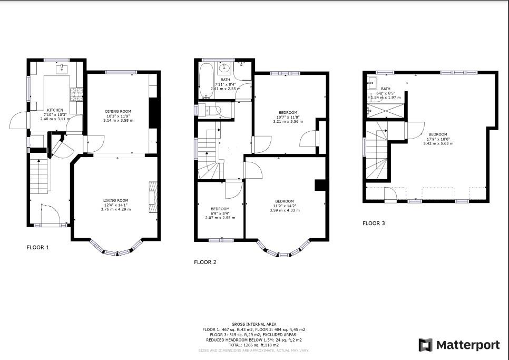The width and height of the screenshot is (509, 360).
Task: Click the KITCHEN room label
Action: [x=55, y=111]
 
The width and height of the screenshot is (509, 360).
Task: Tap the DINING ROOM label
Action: [x=118, y=111]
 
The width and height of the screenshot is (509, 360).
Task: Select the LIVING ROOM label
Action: [x=115, y=200]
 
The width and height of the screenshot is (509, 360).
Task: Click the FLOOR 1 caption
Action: [x=38, y=247]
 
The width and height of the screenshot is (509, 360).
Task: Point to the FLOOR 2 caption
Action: [x=205, y=262]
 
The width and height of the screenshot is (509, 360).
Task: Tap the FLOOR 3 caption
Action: [x=374, y=223]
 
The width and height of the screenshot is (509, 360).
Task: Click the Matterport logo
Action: [x=459, y=345]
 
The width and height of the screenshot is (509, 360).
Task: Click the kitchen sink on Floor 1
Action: [x=63, y=69]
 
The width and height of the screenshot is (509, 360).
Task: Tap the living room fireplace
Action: [x=153, y=198]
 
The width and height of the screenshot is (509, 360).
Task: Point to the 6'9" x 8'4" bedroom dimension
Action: [x=219, y=213]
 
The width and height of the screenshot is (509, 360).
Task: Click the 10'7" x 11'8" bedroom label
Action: [x=288, y=117]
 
